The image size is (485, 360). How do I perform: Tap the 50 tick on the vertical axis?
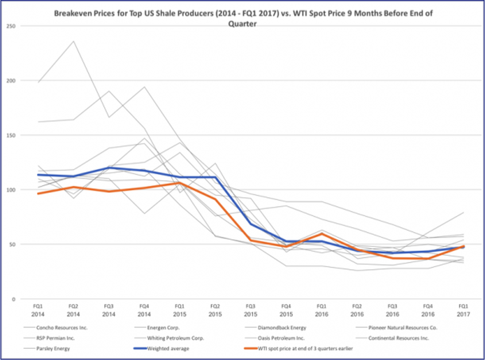coord(13,244)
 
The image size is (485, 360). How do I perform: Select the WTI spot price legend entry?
coord(298,348)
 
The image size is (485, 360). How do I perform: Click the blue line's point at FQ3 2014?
coord(109,167)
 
